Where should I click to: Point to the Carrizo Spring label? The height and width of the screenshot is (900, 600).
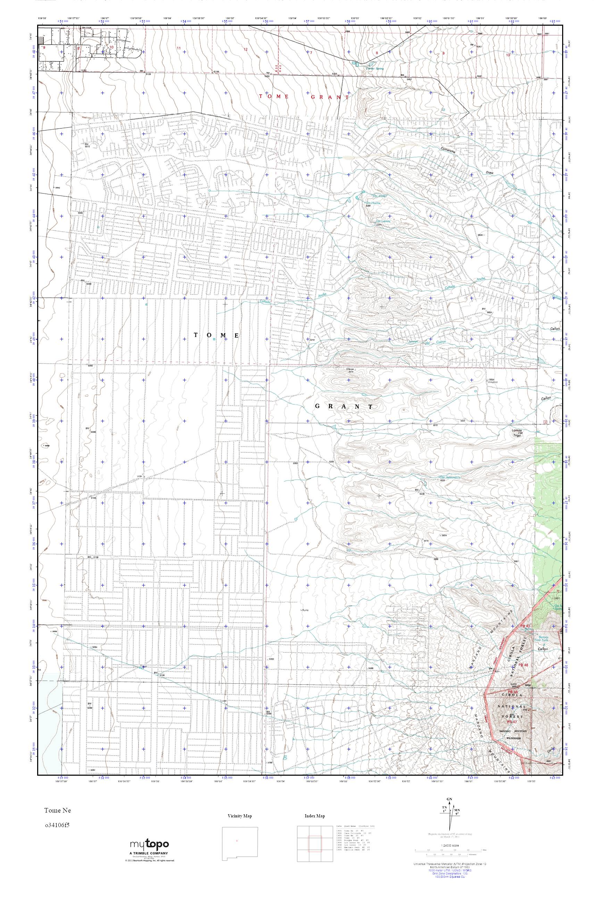pyautogui.click(x=375, y=69)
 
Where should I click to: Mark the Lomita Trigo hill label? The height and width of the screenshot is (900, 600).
pyautogui.click(x=517, y=433)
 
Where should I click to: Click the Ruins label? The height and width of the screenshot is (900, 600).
pyautogui.click(x=305, y=610)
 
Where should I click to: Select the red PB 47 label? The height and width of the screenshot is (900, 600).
pyautogui.click(x=512, y=721)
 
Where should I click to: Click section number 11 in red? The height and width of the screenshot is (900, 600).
pyautogui.click(x=178, y=48)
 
